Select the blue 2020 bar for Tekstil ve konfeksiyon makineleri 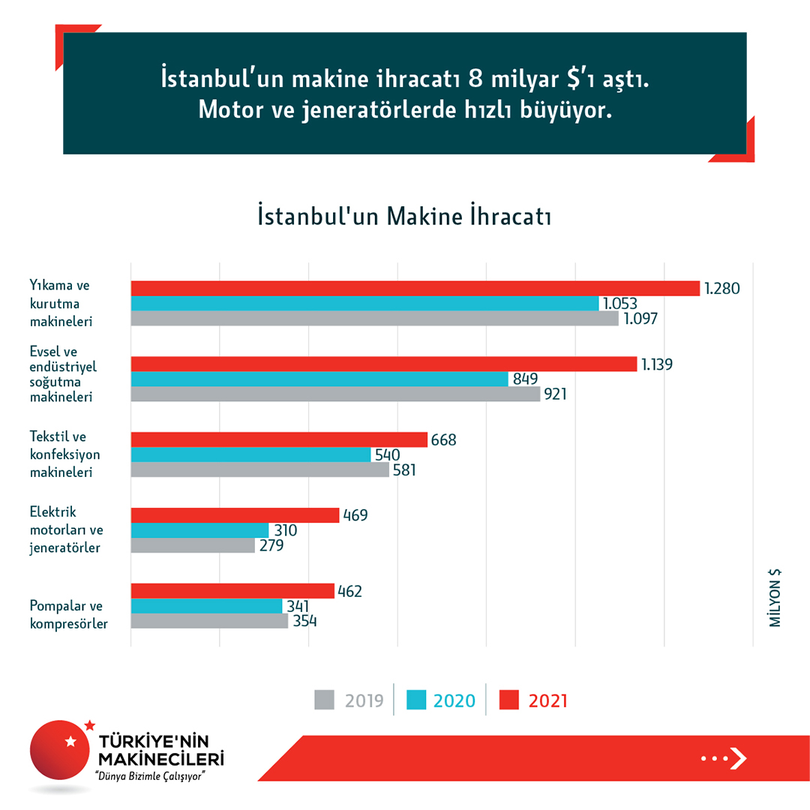250,454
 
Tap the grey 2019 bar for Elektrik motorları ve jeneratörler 193,545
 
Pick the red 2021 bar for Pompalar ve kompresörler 232,591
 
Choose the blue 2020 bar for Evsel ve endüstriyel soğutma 319,379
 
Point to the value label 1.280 722,288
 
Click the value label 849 525,379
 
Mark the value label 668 442,439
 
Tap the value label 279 270,545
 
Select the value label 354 303,622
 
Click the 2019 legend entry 349,700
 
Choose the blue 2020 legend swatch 416,700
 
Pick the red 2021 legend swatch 510,700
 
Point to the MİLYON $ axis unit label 775,598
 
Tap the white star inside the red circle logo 70,742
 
